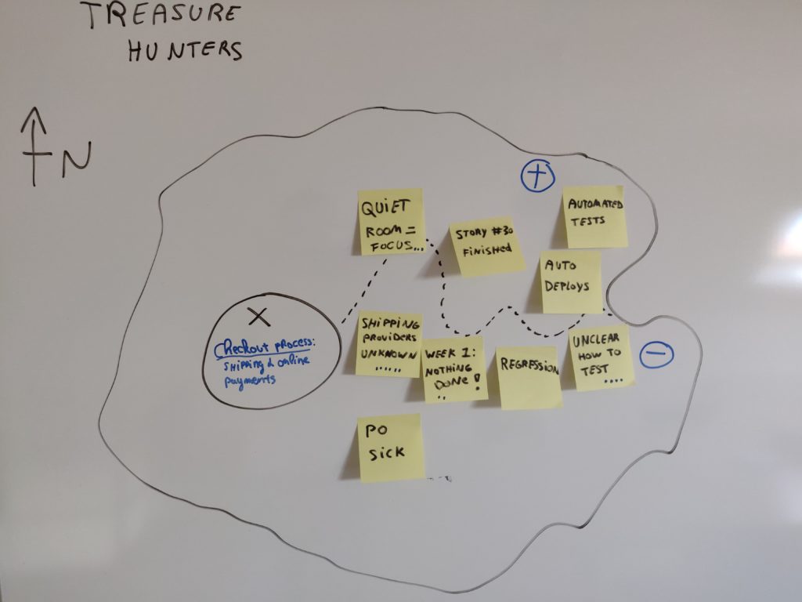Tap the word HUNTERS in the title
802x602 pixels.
(185, 50)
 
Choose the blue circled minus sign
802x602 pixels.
(656, 355)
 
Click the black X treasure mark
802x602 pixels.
(258, 317)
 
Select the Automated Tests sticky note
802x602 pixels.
(595, 216)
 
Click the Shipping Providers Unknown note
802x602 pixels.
(388, 344)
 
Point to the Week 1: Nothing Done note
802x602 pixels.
(455, 370)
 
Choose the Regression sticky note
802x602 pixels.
(529, 377)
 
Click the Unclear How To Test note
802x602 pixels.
(601, 357)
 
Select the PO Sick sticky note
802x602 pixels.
(390, 447)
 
